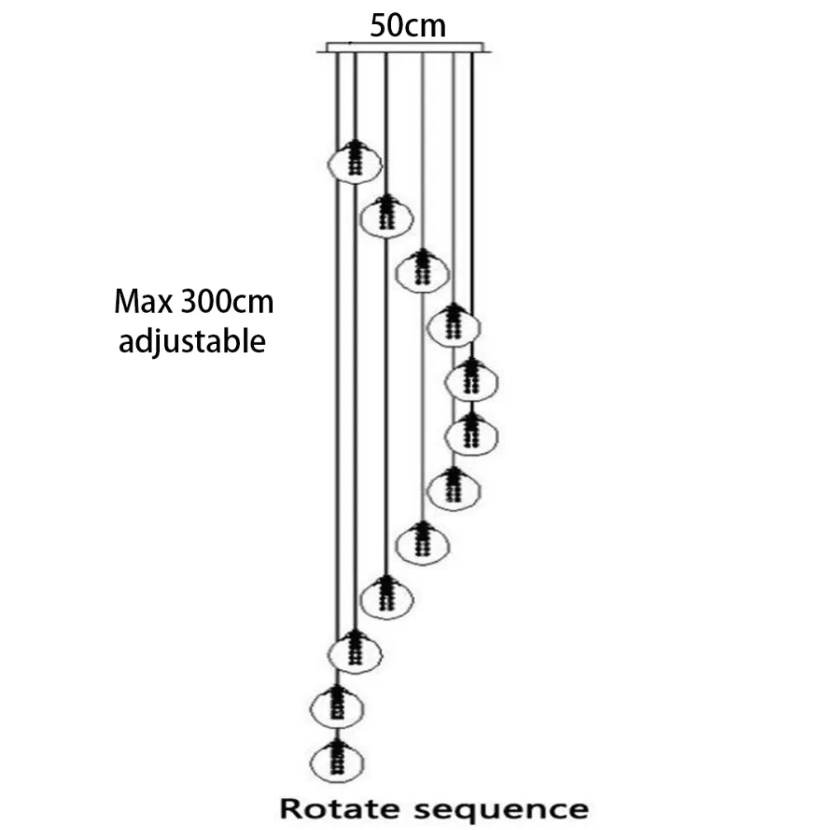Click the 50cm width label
(x=408, y=26)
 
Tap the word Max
(x=144, y=302)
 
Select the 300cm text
(x=227, y=302)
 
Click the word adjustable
(x=191, y=341)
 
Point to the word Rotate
(x=340, y=809)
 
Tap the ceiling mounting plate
(x=405, y=48)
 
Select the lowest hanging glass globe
(x=337, y=762)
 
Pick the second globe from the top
(x=387, y=216)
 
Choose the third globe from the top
(x=422, y=271)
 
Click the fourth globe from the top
(x=454, y=326)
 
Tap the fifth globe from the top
(x=472, y=380)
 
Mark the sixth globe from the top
(x=472, y=434)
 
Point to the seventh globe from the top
(x=454, y=488)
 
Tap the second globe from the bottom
(x=337, y=707)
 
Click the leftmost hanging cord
(x=337, y=370)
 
